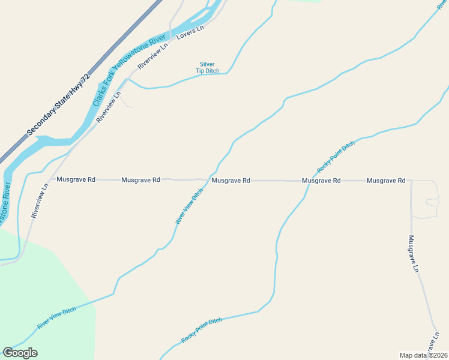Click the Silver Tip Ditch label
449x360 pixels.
(208, 68)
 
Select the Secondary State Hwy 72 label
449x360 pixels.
(58, 104)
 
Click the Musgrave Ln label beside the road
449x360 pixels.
(413, 253)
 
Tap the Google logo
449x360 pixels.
(20, 353)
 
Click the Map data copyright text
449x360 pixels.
(423, 355)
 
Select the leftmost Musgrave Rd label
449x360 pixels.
(76, 179)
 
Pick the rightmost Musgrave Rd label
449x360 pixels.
(386, 180)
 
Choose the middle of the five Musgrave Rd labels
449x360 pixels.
(231, 180)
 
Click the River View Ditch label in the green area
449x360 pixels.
(57, 317)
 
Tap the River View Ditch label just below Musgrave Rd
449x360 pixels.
(189, 208)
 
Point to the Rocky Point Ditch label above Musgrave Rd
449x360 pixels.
(336, 157)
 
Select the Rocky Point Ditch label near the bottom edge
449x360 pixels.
(202, 330)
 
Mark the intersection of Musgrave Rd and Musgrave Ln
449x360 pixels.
(411, 180)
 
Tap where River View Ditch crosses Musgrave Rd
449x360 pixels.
(208, 179)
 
